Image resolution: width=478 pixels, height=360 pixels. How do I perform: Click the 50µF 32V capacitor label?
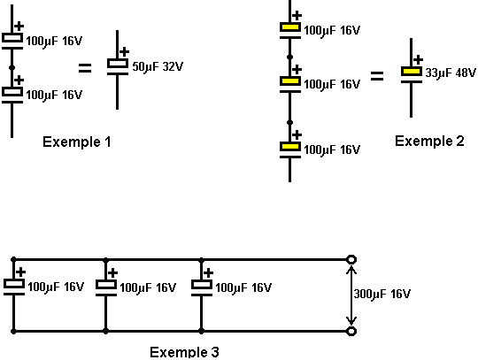coord(158,66)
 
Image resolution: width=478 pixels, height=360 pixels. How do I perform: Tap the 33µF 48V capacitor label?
coord(451,73)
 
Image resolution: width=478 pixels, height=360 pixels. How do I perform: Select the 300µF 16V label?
coord(382,294)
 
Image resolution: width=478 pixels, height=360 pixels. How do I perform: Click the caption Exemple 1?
coord(76,142)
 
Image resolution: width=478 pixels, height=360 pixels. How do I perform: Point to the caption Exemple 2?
coord(429,141)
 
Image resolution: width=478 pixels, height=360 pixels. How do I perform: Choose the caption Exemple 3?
coord(184,352)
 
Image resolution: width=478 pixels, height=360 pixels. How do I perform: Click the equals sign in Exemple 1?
coord(85,68)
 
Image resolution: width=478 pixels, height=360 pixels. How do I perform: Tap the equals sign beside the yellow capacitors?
coord(377,76)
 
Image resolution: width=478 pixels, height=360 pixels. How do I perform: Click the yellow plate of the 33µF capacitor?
coord(412,72)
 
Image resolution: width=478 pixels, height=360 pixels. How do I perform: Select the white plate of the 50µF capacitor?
coord(118,64)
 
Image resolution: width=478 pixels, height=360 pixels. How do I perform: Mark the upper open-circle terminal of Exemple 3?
coord(351,259)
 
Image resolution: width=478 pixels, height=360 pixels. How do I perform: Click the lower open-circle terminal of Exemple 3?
coord(351,331)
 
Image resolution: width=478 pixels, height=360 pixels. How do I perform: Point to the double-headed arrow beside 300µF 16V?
coord(351,295)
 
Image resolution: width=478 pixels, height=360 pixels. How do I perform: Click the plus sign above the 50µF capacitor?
coord(124,51)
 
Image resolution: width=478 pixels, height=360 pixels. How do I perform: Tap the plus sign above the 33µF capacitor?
coord(418,59)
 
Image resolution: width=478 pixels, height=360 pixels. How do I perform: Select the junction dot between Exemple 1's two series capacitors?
coord(12,67)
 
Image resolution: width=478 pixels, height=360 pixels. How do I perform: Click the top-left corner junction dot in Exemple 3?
coord(13,259)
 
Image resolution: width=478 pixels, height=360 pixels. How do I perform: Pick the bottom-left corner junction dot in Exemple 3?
coord(13,331)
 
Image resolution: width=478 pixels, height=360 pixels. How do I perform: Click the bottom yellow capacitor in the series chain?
coord(290,149)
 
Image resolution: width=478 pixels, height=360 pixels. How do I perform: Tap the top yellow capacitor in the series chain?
coord(290,30)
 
